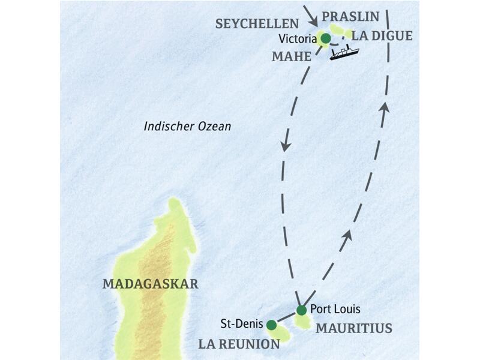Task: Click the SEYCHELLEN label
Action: point(257,23)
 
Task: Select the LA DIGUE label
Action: point(382,36)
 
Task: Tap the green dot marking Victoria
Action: point(325,39)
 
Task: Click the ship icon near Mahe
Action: point(343,53)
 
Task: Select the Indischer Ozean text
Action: point(187,127)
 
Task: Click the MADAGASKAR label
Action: point(150,284)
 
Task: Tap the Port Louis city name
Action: point(335,310)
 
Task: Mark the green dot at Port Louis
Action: point(301,310)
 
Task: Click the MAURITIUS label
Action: point(353,328)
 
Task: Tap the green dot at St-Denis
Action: point(271,325)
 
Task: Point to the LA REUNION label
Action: point(240,344)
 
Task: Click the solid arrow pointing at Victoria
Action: point(313,16)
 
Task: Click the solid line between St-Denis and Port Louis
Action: point(286,318)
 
